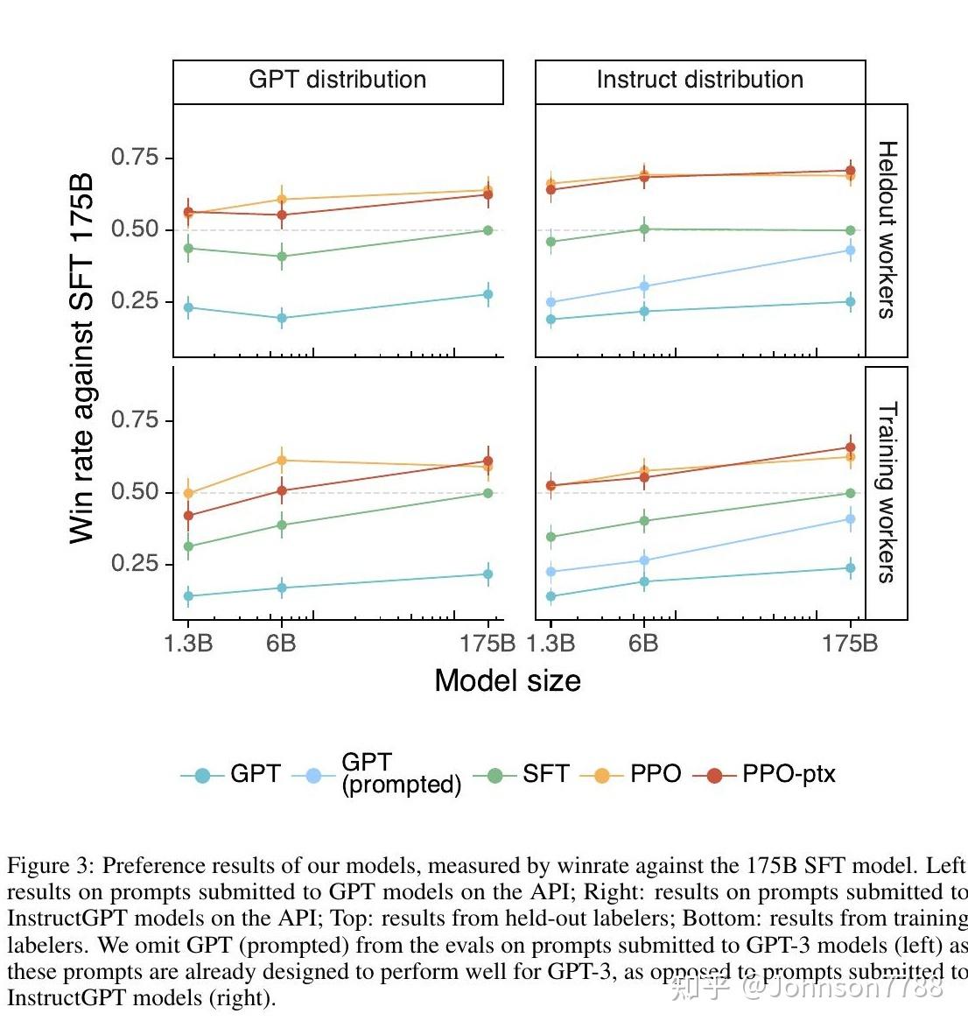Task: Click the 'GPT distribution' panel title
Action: tap(338, 80)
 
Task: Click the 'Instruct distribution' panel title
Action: tap(699, 80)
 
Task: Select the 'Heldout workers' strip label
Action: tap(887, 229)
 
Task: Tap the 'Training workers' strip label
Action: tap(887, 492)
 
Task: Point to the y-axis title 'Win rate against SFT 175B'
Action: tap(81, 358)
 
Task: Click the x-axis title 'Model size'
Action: tap(508, 680)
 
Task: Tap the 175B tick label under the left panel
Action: tap(488, 644)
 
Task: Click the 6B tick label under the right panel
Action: tap(643, 644)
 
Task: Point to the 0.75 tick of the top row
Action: tap(135, 158)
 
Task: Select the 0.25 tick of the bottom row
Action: tap(135, 563)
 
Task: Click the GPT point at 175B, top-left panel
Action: tap(488, 294)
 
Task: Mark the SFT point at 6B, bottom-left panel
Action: tap(282, 525)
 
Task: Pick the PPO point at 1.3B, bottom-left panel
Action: tap(188, 494)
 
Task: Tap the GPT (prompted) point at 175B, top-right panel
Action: tap(850, 250)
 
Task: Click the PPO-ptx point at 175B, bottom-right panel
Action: tap(850, 447)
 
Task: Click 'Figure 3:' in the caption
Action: tap(51, 866)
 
